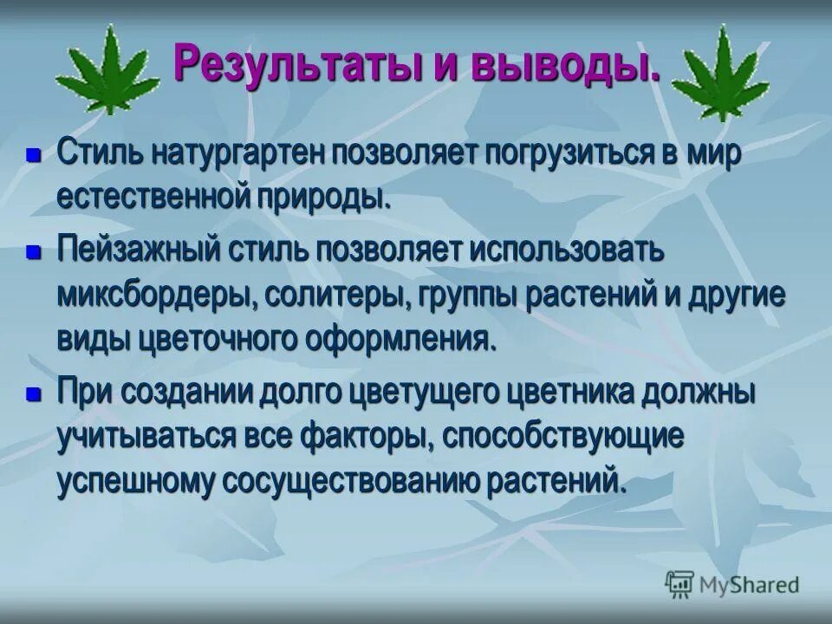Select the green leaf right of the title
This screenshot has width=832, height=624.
click(722, 74)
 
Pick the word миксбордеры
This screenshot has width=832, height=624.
click(157, 295)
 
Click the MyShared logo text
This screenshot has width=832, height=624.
click(749, 585)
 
